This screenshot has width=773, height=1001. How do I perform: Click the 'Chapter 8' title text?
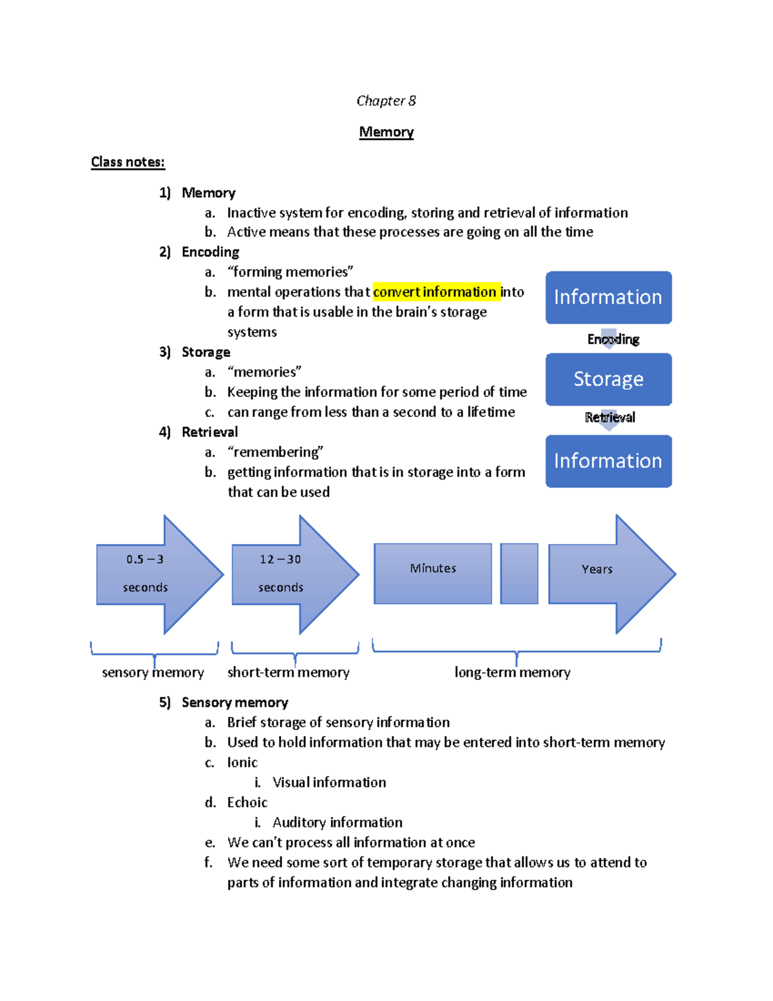coord(386,101)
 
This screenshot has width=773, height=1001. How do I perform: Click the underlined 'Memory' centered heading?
coord(386,132)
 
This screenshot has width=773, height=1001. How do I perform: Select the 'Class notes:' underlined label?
coord(128,162)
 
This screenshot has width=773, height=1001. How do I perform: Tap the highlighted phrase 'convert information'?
coord(435,292)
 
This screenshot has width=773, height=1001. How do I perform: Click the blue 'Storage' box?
coord(608,379)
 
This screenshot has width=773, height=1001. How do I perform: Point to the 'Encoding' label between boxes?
coord(613,339)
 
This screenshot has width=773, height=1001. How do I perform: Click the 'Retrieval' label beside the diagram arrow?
coord(609,417)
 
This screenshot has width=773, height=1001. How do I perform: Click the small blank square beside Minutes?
coord(519,573)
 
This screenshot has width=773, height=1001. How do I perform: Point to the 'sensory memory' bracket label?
coord(153,672)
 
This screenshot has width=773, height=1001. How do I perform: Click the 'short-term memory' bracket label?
coord(288,672)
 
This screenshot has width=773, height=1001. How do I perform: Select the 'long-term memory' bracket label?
coord(512,672)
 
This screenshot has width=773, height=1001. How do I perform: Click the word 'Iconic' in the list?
coord(242,763)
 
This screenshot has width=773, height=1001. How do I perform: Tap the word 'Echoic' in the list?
coord(247,802)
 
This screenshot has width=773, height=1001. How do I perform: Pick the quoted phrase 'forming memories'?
coord(290,272)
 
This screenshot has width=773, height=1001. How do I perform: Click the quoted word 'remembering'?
coord(275,452)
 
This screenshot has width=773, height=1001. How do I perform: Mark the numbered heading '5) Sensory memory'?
coord(224,703)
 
